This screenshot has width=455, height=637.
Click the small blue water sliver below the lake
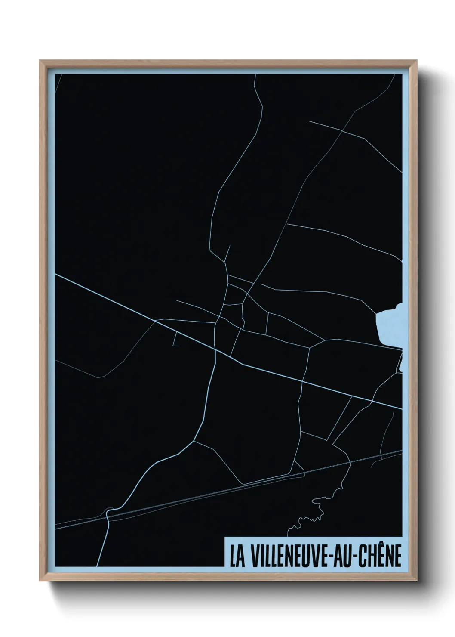(x=400, y=364)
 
